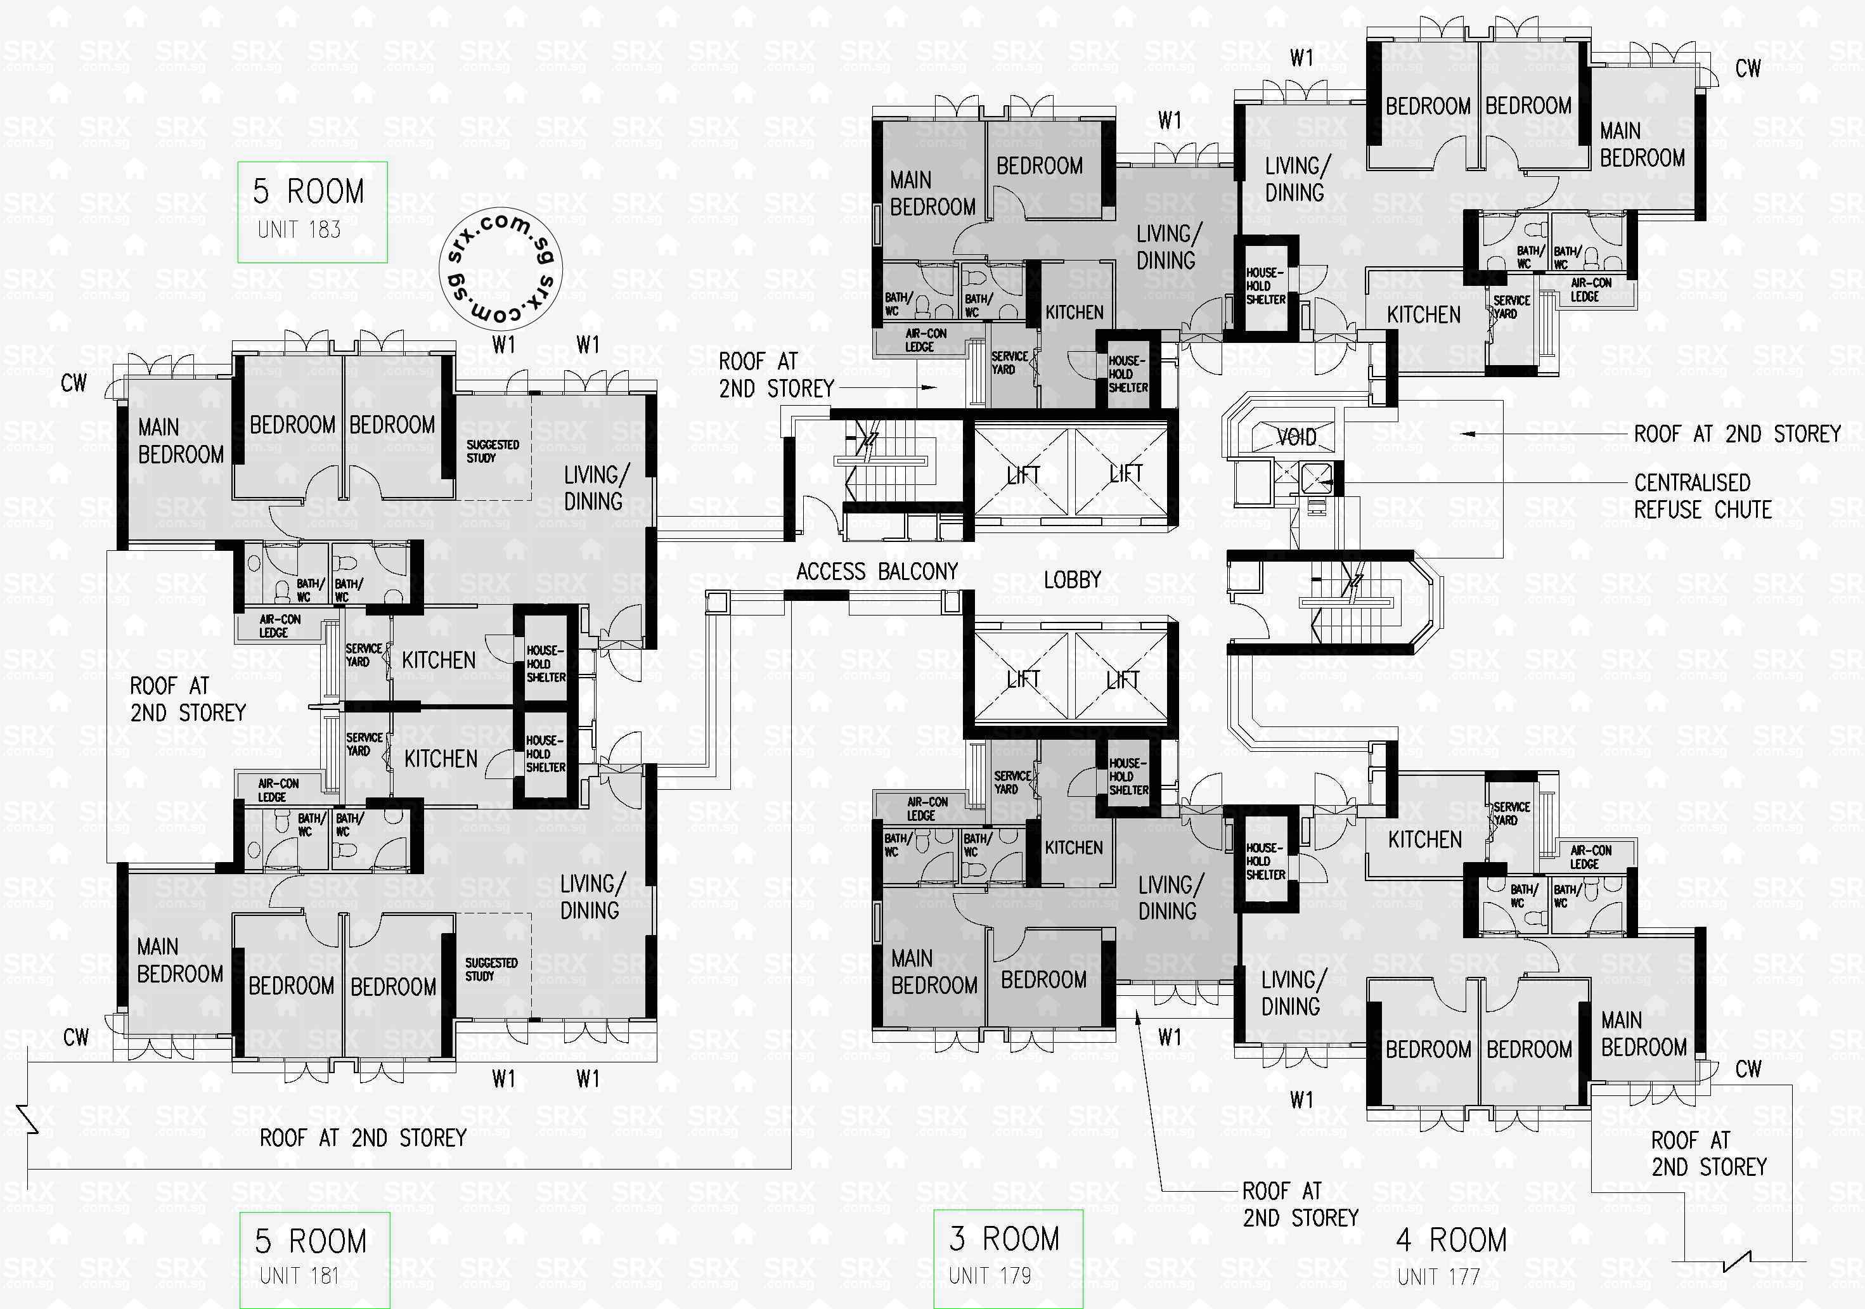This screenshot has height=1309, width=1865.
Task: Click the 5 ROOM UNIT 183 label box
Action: pyautogui.click(x=312, y=211)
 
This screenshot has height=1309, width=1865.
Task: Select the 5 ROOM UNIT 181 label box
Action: pyautogui.click(x=314, y=1259)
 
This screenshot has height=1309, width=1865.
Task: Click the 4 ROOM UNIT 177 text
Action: pyautogui.click(x=1451, y=1255)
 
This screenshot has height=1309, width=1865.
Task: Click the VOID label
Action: pyautogui.click(x=1296, y=437)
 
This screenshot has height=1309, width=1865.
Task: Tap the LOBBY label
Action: pyautogui.click(x=1072, y=580)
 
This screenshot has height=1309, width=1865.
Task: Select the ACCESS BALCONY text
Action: pyautogui.click(x=877, y=572)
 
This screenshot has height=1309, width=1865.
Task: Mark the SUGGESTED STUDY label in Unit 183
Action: pyautogui.click(x=493, y=451)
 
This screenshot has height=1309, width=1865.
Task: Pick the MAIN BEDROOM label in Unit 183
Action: pyautogui.click(x=180, y=441)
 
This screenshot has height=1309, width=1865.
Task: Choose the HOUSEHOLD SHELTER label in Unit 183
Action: pyautogui.click(x=545, y=664)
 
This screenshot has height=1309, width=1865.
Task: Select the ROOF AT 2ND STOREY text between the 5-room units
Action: pyautogui.click(x=188, y=699)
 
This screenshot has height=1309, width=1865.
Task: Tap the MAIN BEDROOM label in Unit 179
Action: pyautogui.click(x=933, y=971)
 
